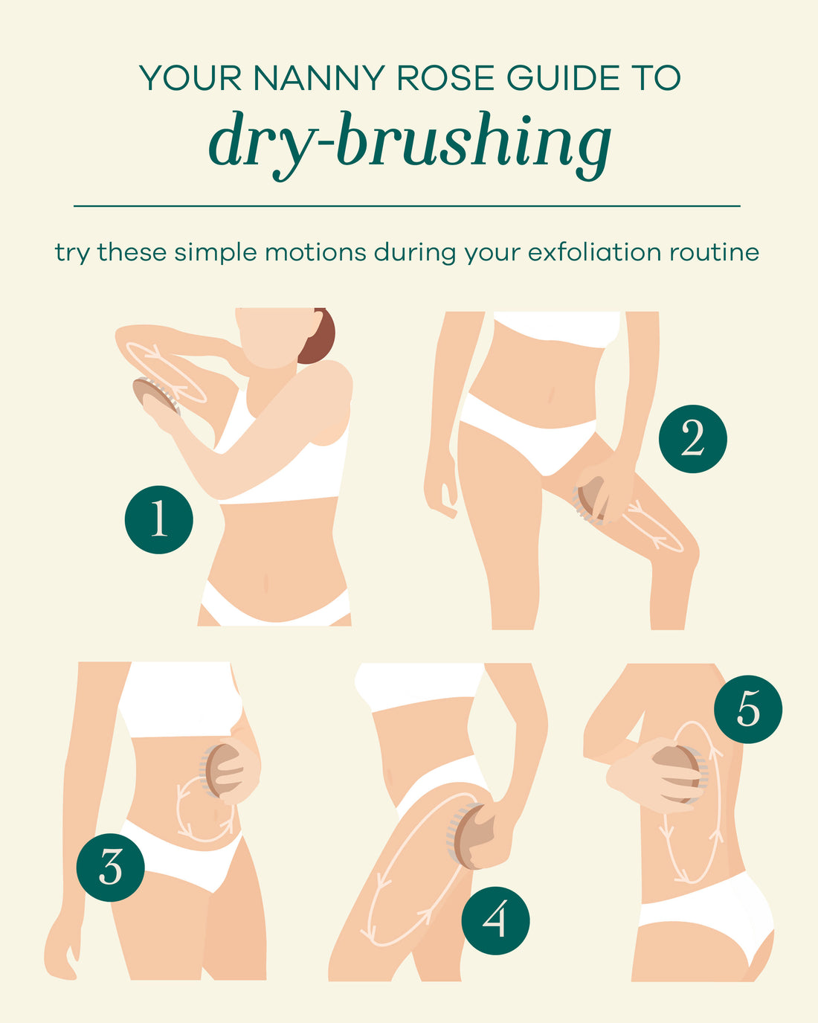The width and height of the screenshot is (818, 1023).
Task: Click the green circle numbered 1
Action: pyautogui.click(x=158, y=519)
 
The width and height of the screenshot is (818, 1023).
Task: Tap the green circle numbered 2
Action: pyautogui.click(x=692, y=438)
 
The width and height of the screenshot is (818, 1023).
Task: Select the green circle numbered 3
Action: pyautogui.click(x=111, y=868)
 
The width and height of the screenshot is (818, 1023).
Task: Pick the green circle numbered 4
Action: pyautogui.click(x=495, y=921)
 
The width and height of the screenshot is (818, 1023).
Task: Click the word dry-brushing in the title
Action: pyautogui.click(x=410, y=141)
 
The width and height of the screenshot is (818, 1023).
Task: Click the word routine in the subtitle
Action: pyautogui.click(x=714, y=252)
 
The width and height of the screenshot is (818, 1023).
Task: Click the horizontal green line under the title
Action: pyautogui.click(x=407, y=205)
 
